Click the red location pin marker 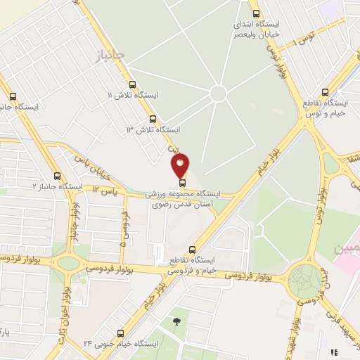coord(181,167)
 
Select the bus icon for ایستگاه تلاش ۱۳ coord(153,119)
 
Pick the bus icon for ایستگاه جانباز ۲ coord(58,176)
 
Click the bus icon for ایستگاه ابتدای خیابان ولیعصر coord(254,13)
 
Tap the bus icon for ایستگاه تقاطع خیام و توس coord(324,92)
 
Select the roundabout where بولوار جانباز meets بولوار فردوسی coord(68,263)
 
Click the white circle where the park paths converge coord(218,93)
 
